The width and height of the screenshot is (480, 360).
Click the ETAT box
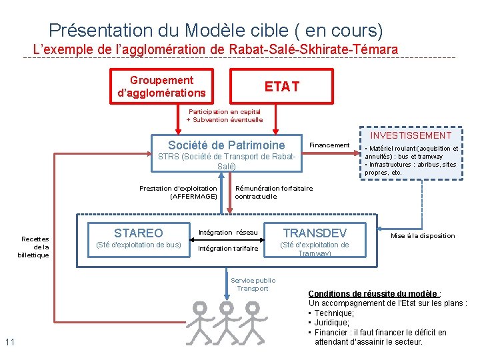click(x=281, y=87)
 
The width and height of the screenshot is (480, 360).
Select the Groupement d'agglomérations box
click(x=161, y=87)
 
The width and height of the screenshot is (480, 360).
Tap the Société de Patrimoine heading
click(x=226, y=145)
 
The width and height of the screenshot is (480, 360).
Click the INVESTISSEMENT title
click(x=411, y=135)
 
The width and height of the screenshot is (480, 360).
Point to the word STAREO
click(x=138, y=233)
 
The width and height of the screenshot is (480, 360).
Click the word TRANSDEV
click(x=315, y=233)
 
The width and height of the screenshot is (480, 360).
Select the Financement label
click(x=329, y=145)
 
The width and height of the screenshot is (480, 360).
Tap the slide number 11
click(x=9, y=343)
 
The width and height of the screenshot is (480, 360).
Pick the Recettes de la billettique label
click(x=35, y=247)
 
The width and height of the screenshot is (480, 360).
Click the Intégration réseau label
click(x=228, y=233)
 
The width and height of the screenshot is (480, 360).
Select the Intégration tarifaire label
click(x=228, y=249)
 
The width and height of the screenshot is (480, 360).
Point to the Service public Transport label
click(x=253, y=285)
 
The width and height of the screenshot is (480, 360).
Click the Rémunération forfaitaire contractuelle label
click(x=273, y=192)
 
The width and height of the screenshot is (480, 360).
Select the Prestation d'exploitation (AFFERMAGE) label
click(x=178, y=192)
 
